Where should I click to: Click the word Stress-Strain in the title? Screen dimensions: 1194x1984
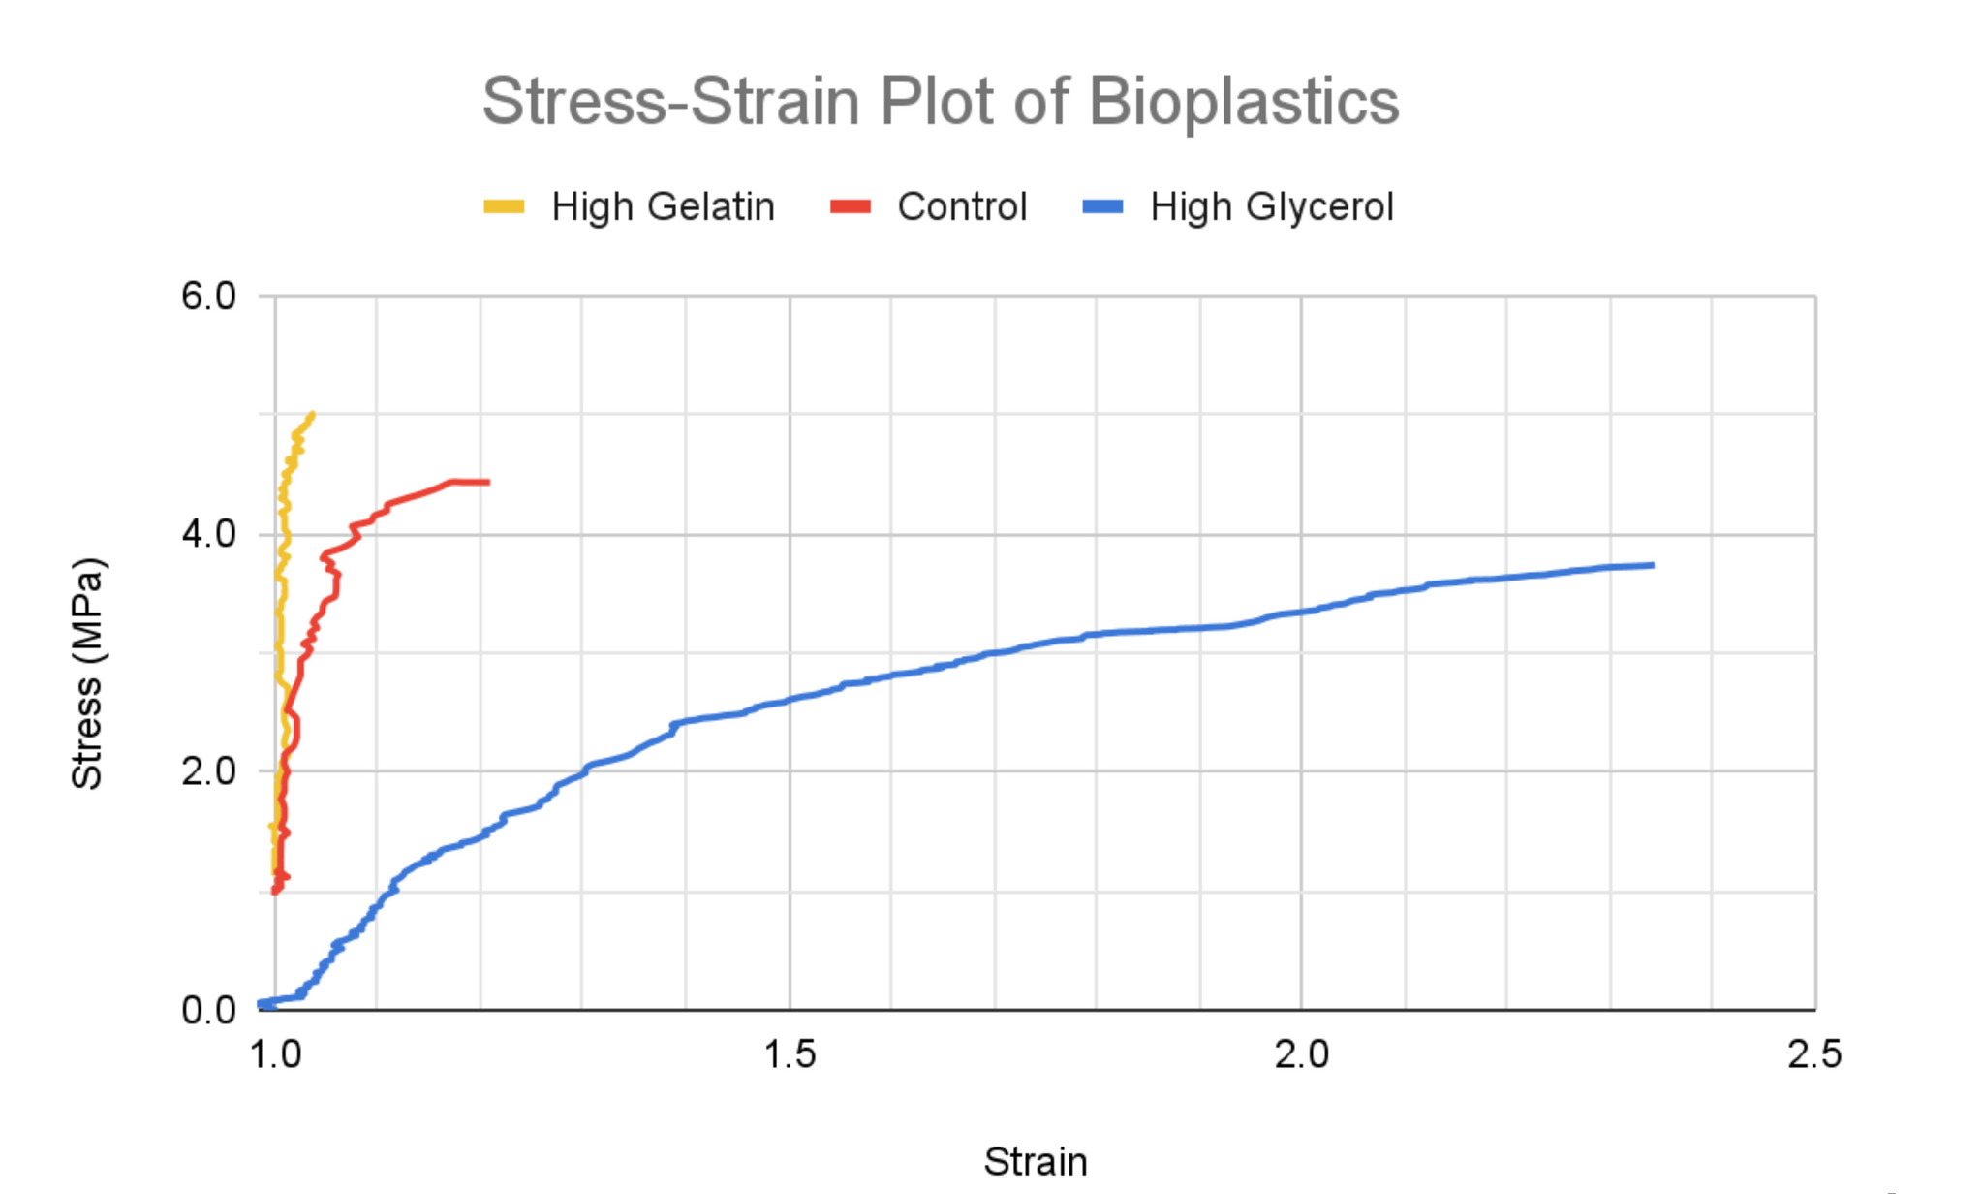(x=670, y=102)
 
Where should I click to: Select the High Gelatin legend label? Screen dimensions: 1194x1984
(x=663, y=206)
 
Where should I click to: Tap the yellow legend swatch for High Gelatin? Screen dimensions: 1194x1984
(x=504, y=206)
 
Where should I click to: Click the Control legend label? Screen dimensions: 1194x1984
(x=961, y=206)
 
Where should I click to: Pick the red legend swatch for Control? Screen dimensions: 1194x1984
(x=851, y=206)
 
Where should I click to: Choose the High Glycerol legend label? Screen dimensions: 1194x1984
(x=1271, y=206)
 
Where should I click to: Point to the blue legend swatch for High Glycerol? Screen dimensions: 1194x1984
(x=1102, y=206)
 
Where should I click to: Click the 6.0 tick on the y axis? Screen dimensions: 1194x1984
(x=208, y=297)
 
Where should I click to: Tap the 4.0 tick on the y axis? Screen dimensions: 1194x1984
(x=208, y=534)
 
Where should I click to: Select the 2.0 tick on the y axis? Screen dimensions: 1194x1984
(x=208, y=771)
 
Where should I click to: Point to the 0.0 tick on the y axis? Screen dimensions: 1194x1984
(x=208, y=1010)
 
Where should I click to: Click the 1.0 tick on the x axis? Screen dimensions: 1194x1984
(x=275, y=1054)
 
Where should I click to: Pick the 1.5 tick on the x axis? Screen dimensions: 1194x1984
(x=789, y=1054)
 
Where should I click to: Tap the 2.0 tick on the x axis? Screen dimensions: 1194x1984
(x=1301, y=1054)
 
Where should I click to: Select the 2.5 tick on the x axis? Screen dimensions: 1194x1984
(x=1813, y=1054)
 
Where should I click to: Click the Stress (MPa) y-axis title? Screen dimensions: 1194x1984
(x=87, y=674)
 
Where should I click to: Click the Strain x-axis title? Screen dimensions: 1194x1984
(x=1035, y=1161)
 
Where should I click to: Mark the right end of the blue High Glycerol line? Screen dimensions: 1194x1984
(x=1652, y=565)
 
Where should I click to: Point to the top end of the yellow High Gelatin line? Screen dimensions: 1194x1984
(x=312, y=414)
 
